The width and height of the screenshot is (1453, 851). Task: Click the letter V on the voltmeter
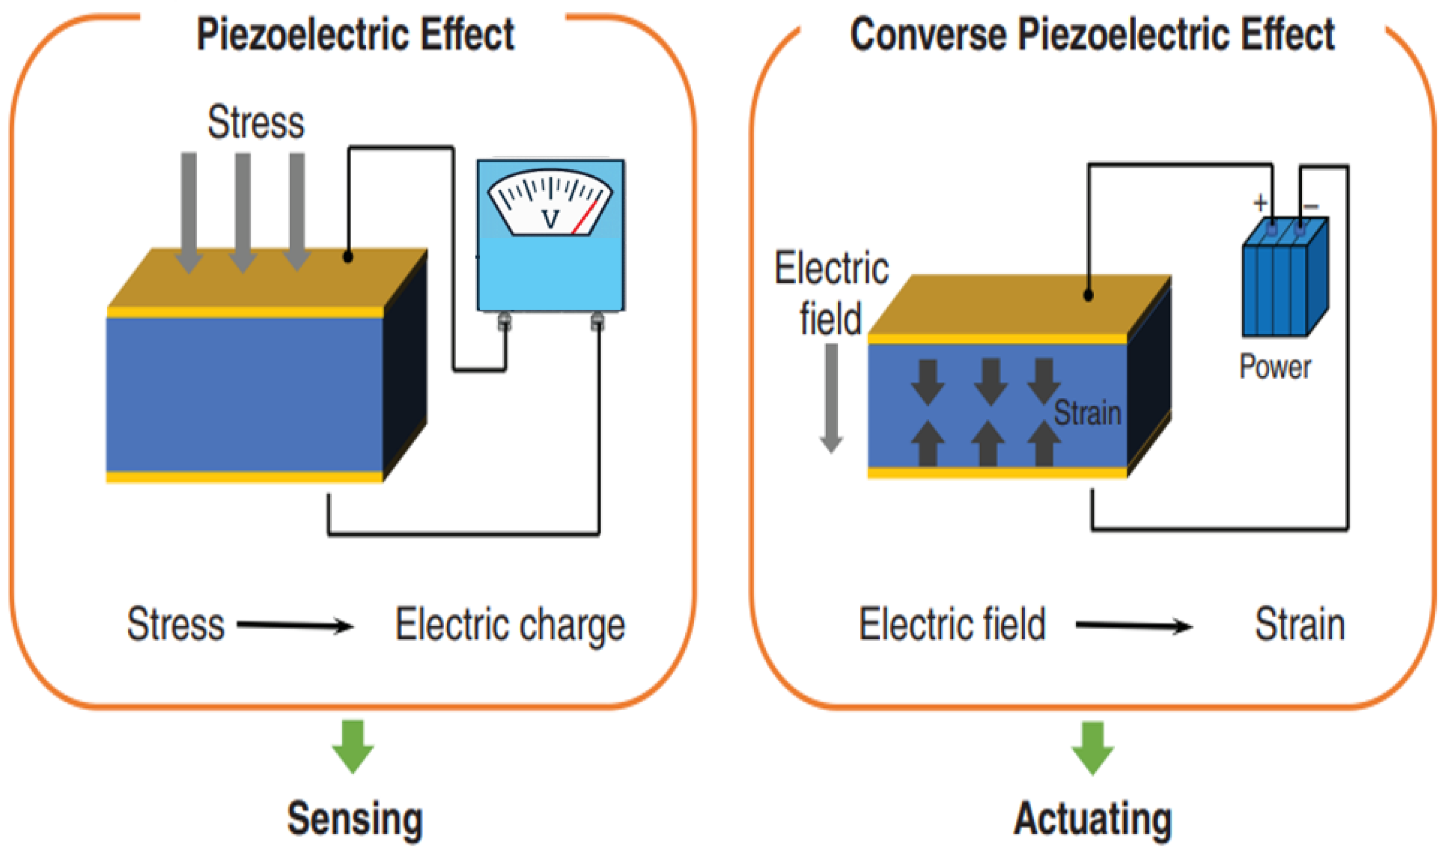tap(550, 219)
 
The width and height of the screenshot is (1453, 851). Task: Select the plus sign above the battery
tap(1260, 202)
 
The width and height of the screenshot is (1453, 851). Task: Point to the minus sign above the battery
tap(1311, 206)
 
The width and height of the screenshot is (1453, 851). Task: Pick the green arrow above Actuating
tap(1092, 747)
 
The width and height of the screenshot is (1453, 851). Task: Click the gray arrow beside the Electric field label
tap(831, 398)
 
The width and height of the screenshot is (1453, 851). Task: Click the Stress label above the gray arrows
tap(256, 122)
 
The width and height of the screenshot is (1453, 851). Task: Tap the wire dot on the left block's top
tap(348, 256)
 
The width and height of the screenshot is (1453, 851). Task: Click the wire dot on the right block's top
tap(1089, 295)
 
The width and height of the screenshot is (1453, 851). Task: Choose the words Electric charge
tap(510, 626)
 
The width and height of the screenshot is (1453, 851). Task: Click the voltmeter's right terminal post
tap(598, 322)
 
